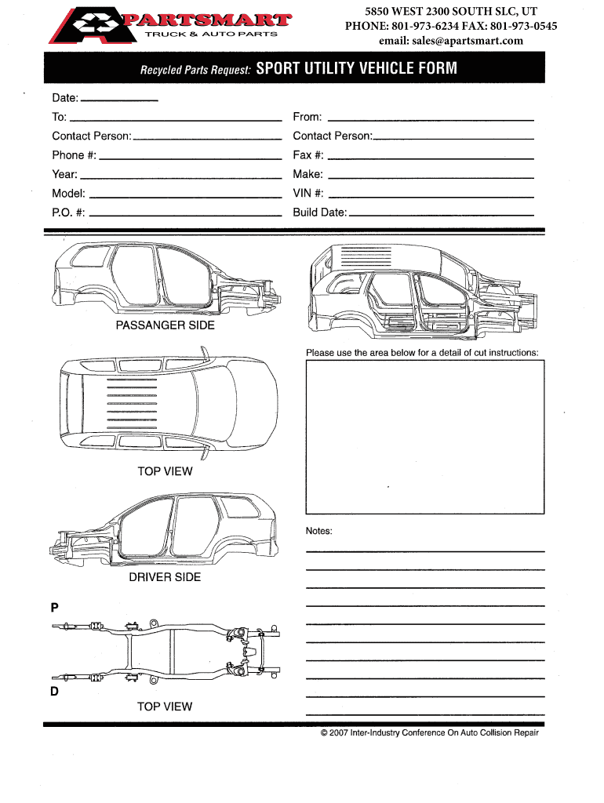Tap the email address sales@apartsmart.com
tap(451, 41)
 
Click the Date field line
tap(119, 100)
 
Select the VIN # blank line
tap(431, 195)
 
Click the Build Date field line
tap(441, 214)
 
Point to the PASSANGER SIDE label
tap(165, 325)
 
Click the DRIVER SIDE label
tap(165, 577)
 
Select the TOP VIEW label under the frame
tap(165, 707)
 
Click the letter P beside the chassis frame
tap(55, 607)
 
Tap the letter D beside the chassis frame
tap(55, 691)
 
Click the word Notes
tap(319, 531)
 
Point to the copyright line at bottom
tap(430, 733)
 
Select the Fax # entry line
tap(431, 157)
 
